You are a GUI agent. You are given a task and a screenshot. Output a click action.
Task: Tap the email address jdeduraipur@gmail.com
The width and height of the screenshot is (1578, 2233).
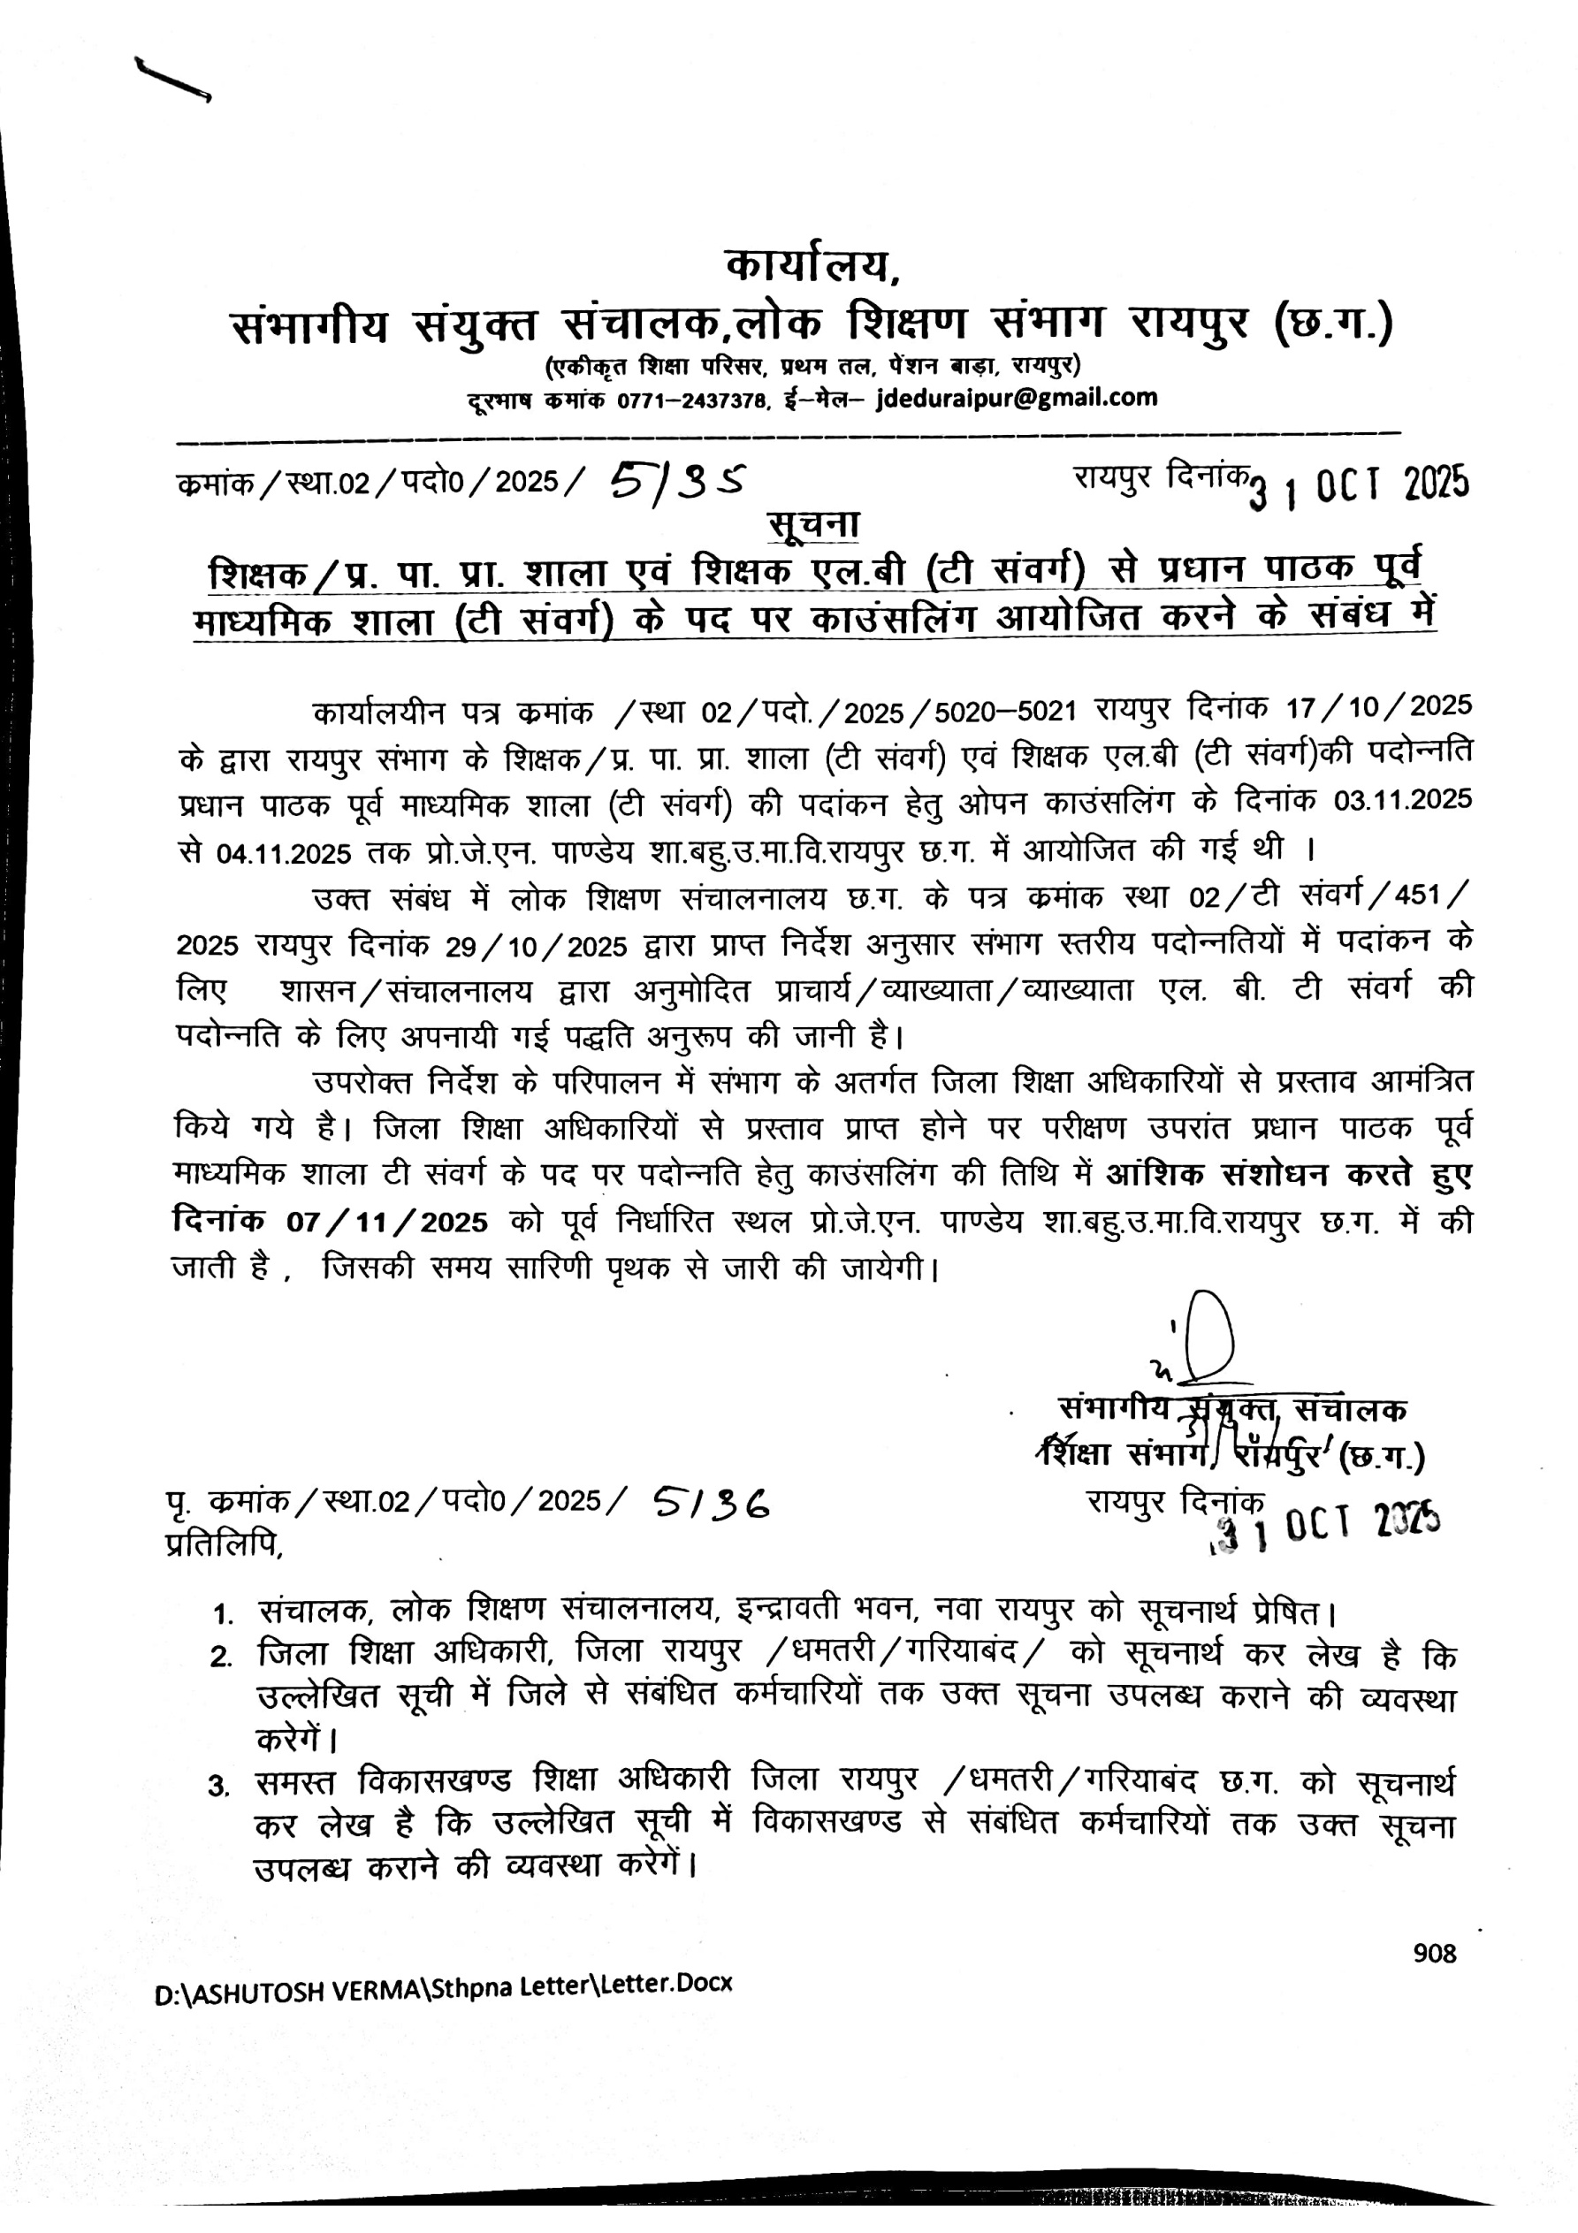pos(1017,397)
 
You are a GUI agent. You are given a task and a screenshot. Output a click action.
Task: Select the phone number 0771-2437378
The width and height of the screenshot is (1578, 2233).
pos(690,400)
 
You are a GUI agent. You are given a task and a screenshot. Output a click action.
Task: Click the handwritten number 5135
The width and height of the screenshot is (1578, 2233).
pos(678,479)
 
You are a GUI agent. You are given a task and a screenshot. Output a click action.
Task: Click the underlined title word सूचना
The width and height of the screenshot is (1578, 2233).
pos(813,524)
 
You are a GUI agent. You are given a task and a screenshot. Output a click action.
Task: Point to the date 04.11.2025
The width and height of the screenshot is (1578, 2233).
pos(282,854)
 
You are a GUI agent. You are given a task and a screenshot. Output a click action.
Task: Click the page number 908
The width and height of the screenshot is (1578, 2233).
pos(1434,1953)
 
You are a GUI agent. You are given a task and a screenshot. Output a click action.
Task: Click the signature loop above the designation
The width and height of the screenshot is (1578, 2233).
pos(1209,1333)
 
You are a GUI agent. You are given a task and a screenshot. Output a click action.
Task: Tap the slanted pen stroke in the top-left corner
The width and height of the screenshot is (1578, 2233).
pos(173,79)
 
